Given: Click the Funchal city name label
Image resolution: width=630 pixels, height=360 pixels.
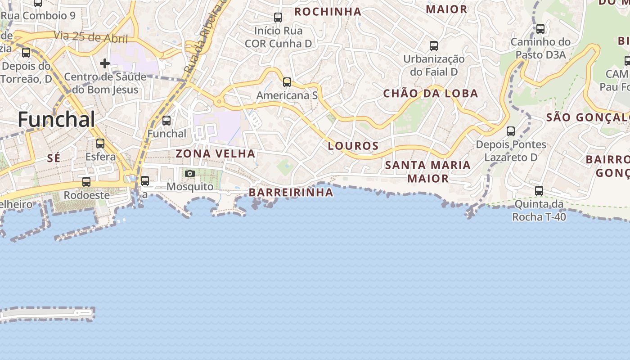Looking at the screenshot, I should coord(56,120).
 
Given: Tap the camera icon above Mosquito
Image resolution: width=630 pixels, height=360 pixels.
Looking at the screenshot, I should coord(190,173).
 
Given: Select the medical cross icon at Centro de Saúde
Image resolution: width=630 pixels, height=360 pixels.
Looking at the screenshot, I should coord(105,63).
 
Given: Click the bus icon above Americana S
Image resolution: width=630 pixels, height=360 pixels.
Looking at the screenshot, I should coord(287,82).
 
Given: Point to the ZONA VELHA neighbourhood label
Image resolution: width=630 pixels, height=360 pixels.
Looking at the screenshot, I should coord(215,153).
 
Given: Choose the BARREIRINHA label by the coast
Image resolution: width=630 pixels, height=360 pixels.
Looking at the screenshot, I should coord(291,193).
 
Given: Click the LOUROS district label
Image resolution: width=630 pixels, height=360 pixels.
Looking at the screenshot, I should coord(353,146).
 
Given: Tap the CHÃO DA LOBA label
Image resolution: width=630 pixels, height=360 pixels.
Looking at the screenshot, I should coord(430,94).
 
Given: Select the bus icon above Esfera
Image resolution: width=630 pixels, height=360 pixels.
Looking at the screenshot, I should coord(100,144).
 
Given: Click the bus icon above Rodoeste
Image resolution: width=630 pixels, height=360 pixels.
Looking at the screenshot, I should coord(86,182).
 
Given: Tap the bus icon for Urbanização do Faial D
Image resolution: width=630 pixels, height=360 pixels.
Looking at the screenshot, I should coord(434,46).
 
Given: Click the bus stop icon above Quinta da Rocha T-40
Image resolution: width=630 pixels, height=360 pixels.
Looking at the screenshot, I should coord(539,191).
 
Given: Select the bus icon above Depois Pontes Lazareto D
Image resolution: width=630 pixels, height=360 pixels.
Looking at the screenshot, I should coord(511,131).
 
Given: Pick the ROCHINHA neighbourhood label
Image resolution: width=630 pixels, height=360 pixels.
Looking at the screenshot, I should coord(328,12).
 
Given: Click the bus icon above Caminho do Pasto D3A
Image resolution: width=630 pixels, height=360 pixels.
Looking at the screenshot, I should coord(540,29).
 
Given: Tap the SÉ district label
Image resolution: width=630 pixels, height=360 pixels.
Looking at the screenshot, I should coord(54,157).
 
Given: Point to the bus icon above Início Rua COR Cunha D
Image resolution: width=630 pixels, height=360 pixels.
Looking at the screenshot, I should coord(278,18).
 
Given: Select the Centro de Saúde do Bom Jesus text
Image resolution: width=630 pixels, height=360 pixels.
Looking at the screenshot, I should coord(105,83).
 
